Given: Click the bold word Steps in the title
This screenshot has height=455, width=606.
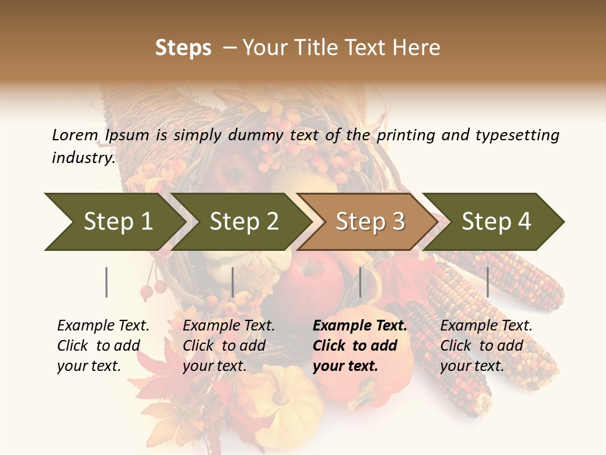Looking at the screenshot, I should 183,48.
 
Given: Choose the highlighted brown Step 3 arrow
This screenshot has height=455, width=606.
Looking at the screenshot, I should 369,222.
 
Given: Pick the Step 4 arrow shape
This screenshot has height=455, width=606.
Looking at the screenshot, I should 496,222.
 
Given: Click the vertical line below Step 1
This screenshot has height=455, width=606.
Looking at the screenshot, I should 107,282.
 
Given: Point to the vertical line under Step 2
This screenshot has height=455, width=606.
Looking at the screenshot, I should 233,282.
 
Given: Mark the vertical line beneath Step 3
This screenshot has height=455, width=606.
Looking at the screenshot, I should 360,282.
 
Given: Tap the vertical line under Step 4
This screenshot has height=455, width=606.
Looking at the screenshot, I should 487,282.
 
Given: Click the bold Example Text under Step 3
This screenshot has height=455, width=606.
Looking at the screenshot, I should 360,326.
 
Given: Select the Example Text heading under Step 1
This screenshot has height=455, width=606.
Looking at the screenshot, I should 103,326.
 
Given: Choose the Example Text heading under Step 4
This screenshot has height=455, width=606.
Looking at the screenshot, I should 486,326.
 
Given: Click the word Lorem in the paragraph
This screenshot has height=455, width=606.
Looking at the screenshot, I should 75,135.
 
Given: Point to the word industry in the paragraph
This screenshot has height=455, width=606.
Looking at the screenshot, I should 83,158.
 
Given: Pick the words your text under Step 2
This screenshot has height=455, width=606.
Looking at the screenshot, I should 214,366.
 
